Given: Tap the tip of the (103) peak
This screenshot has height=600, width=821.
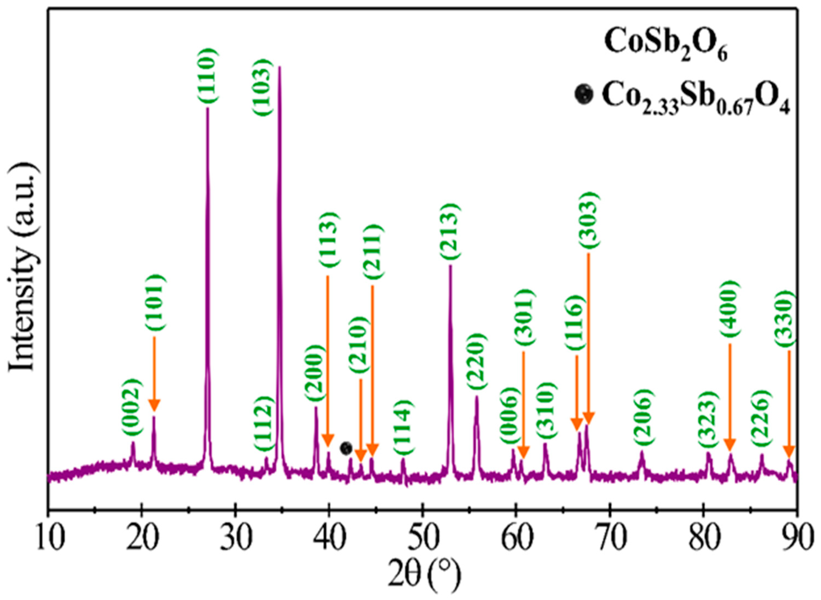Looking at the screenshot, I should [x=279, y=67].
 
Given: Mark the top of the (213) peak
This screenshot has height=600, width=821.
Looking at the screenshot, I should [x=451, y=265].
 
